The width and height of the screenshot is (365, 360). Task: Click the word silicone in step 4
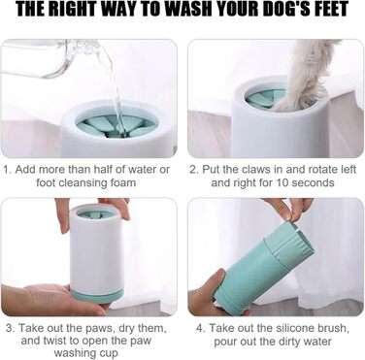[x=293, y=328]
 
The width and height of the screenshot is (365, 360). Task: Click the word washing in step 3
[x=76, y=353]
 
